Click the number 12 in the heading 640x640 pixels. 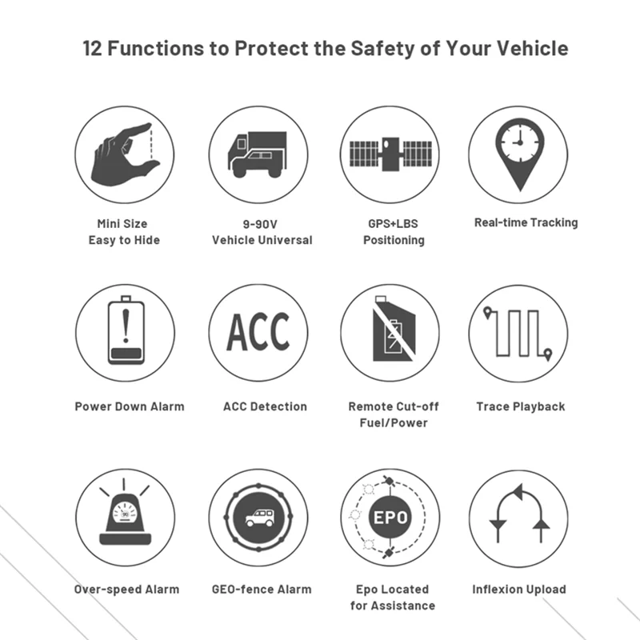coord(92,48)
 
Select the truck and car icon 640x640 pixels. coord(258,154)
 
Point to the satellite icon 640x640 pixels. coord(390,154)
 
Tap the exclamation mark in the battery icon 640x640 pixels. coord(126,326)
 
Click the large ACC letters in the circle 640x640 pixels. coord(258,332)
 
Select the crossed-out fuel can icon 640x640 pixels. coord(394,329)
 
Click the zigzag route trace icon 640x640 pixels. coord(518,334)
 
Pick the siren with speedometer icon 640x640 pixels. coord(125,512)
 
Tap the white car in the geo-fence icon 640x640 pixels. coord(259,518)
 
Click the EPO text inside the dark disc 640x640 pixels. coord(390,518)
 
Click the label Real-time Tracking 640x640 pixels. coord(526,222)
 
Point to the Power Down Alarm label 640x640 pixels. coord(130,406)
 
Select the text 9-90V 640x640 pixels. coord(260,224)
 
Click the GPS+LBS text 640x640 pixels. coord(393,224)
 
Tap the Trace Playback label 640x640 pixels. coord(521,406)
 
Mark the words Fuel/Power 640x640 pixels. coord(394,423)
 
